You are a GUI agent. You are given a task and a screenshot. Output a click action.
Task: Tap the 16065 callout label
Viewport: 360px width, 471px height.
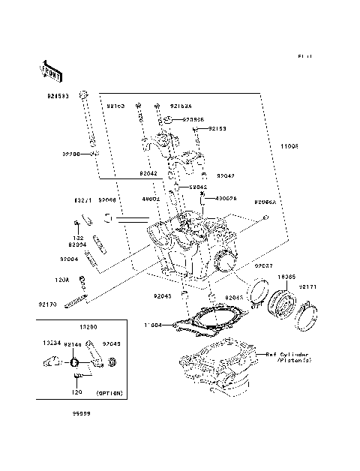coord(286,277)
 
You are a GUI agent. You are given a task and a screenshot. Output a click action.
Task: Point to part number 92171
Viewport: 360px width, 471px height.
coord(309,286)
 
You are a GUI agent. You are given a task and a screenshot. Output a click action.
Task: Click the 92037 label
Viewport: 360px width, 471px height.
coord(262,265)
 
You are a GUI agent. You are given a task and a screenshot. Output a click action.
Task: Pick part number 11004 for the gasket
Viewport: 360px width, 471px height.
coord(153,325)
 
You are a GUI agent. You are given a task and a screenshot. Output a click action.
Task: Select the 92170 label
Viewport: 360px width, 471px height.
coord(48,304)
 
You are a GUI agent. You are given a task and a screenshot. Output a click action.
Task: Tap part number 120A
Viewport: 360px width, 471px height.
coord(61,279)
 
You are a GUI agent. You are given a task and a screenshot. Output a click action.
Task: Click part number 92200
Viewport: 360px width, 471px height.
coord(71,153)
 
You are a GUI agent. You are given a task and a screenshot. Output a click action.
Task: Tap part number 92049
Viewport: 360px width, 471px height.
coord(111,344)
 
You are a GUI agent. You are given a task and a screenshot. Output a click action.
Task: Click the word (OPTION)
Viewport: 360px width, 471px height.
coord(109,392)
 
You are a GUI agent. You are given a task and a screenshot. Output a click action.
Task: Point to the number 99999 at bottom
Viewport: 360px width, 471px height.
coord(82,412)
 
